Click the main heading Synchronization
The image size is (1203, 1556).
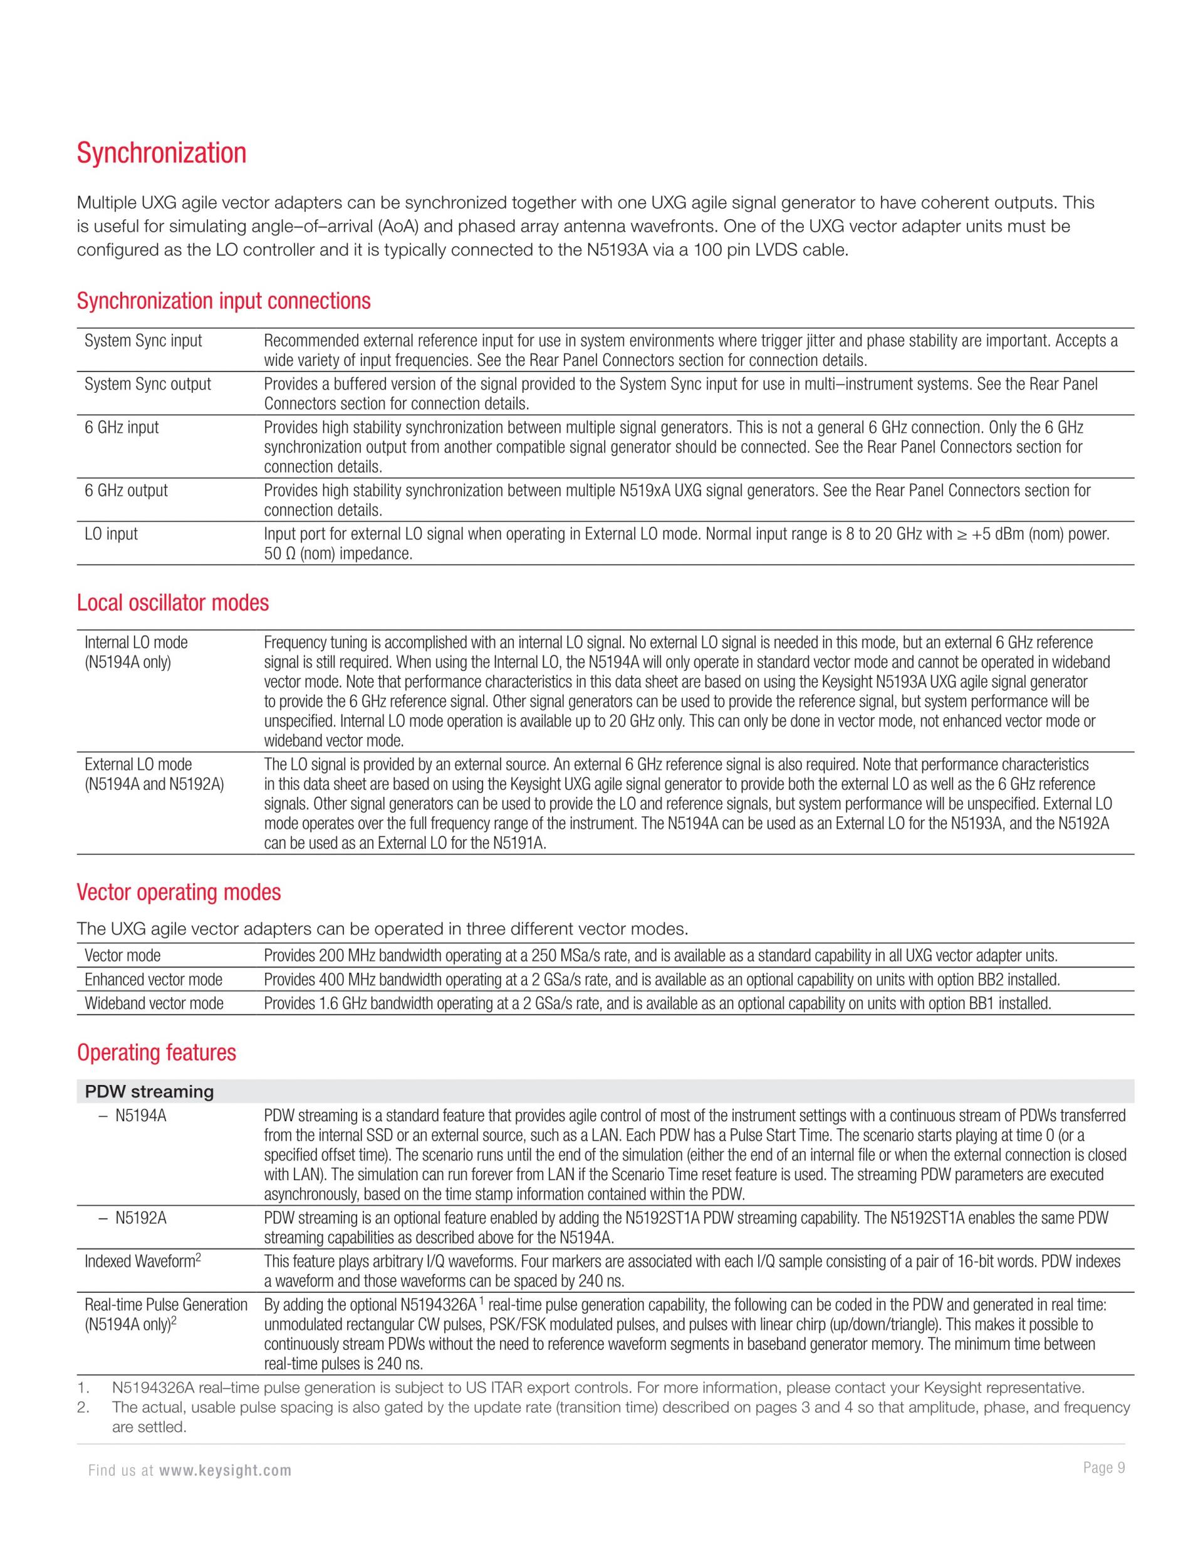[x=162, y=153]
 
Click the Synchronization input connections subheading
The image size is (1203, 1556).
[x=224, y=301]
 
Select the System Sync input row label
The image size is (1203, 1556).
[x=143, y=341]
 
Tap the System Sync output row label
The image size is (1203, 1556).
[x=147, y=385]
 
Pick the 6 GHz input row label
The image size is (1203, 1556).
[x=122, y=428]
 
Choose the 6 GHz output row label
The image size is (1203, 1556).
[x=126, y=491]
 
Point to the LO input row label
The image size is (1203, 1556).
[x=111, y=534]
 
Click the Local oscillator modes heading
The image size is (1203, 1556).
[x=173, y=603]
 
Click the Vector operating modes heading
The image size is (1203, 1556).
[x=179, y=893]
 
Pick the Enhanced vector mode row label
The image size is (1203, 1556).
[x=154, y=980]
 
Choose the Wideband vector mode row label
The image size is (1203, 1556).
[x=154, y=1004]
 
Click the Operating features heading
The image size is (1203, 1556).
[x=156, y=1053]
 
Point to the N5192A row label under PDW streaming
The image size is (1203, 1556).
[x=140, y=1219]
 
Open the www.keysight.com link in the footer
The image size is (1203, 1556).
[x=224, y=1471]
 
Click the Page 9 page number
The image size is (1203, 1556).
[x=1103, y=1468]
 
